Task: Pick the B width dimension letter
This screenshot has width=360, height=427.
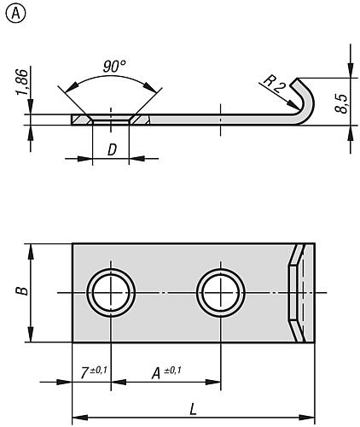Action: click(x=23, y=291)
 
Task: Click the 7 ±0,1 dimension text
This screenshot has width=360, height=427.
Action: click(x=89, y=372)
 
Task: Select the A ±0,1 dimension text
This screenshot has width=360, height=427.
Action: click(x=162, y=372)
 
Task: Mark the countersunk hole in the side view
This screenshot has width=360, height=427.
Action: click(x=110, y=120)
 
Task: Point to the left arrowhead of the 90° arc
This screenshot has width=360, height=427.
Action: click(x=61, y=91)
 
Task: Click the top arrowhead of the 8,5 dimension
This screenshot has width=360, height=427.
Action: click(x=349, y=73)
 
